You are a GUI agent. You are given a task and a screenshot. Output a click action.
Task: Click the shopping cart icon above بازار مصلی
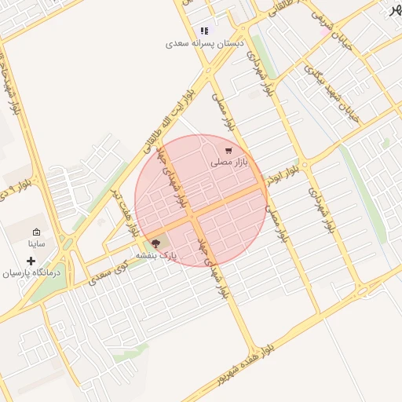pyautogui.click(x=228, y=150)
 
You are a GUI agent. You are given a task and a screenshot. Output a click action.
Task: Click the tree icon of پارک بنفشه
pyautogui.click(x=155, y=243)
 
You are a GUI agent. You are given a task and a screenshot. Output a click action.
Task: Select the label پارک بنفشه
pyautogui.click(x=156, y=255)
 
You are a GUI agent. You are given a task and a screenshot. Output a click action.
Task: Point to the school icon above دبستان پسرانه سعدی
pyautogui.click(x=205, y=31)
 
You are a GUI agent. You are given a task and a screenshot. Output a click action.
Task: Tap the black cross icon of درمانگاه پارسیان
pyautogui.click(x=31, y=261)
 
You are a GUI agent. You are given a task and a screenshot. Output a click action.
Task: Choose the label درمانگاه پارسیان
pyautogui.click(x=31, y=273)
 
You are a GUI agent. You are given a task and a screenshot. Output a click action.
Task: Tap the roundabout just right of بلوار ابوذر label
pyautogui.click(x=303, y=165)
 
